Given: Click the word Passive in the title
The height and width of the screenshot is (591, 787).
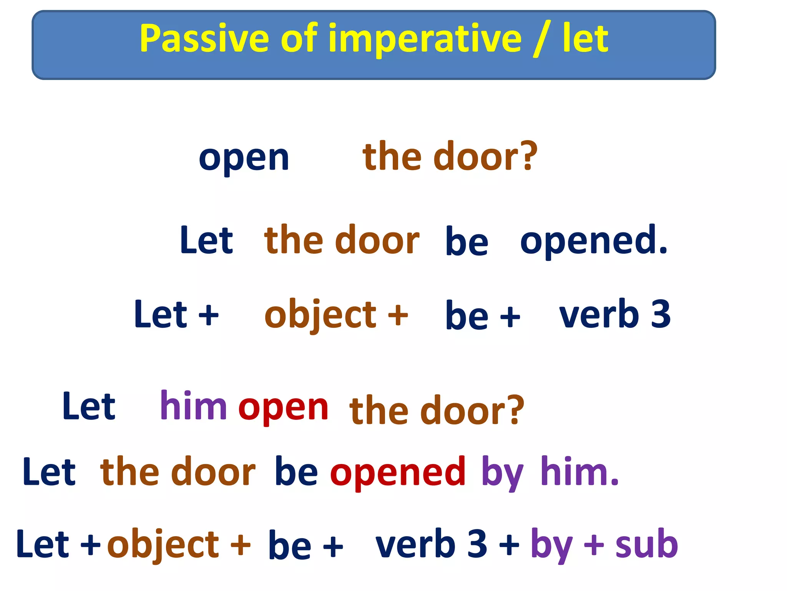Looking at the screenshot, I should (204, 38).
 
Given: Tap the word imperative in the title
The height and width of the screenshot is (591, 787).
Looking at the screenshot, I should (425, 38).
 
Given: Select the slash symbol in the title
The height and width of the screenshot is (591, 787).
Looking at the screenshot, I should (542, 38).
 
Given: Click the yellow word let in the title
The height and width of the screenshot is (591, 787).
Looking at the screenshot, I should (585, 38).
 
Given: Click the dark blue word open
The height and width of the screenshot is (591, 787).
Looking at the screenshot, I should (244, 159).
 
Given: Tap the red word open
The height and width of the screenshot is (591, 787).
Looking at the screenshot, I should (283, 408).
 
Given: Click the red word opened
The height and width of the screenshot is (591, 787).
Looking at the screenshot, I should (398, 472).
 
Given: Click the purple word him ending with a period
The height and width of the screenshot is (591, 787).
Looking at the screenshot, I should (579, 471).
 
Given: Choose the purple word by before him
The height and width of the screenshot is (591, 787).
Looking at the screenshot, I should (502, 472).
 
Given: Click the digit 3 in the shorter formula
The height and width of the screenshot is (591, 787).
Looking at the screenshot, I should (661, 314).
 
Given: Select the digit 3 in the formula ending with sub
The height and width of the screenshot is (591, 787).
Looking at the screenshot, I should (477, 543).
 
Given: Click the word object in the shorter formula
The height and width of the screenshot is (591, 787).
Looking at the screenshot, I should (320, 315).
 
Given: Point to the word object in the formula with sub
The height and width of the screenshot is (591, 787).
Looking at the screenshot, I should (163, 544).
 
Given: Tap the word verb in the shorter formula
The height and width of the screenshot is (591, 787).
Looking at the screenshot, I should (599, 314).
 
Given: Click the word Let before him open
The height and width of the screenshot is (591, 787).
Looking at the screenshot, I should (89, 406).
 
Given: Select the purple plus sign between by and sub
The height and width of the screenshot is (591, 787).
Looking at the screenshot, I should (594, 544).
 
